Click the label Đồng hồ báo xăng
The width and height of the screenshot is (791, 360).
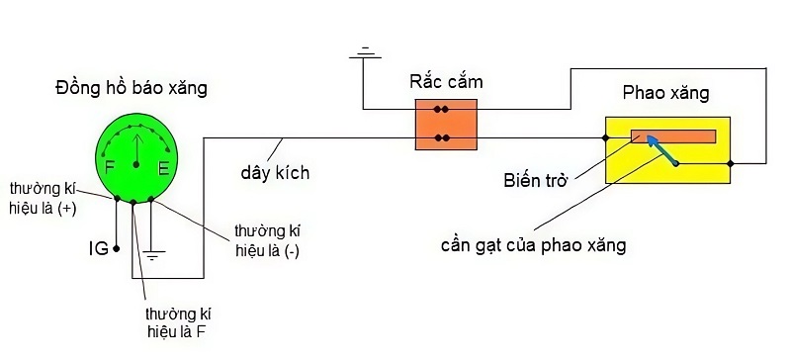click(132, 88)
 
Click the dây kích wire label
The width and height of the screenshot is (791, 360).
click(275, 172)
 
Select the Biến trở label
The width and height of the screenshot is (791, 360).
click(535, 181)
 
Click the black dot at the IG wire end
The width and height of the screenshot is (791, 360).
click(117, 247)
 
